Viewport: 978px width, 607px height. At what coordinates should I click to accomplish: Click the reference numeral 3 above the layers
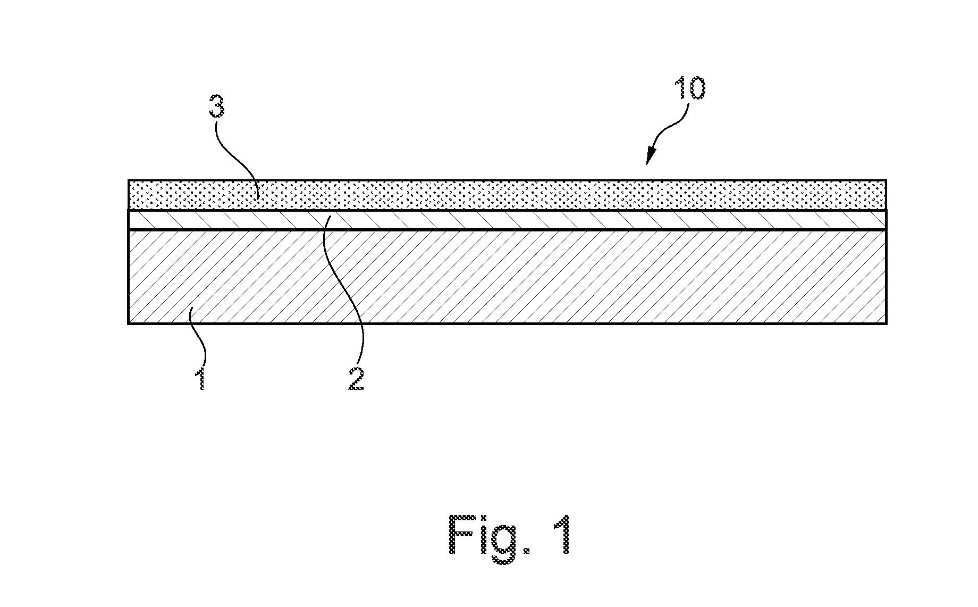point(216,106)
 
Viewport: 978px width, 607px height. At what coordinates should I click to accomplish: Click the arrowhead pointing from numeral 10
point(650,157)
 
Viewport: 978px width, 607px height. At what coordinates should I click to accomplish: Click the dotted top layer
point(507,195)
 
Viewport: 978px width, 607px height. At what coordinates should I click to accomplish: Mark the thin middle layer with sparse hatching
point(507,220)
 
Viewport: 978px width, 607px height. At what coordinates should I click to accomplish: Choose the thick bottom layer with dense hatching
point(507,277)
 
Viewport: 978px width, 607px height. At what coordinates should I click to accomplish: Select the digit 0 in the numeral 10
point(697,88)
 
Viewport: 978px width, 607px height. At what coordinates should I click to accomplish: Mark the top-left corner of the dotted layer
point(129,181)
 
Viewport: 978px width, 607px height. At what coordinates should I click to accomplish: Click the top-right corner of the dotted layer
point(886,181)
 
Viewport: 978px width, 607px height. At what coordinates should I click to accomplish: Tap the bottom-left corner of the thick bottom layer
point(129,323)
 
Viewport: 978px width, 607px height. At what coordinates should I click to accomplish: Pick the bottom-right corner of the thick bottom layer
point(886,323)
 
